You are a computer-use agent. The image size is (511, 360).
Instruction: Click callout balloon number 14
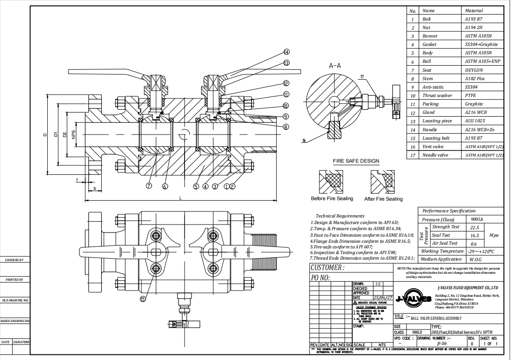tap(286, 52)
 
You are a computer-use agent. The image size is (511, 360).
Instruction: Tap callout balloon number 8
tap(286, 126)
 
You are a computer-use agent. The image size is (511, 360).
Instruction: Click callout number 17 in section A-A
tap(362, 76)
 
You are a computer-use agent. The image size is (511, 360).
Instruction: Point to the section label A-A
tap(335, 66)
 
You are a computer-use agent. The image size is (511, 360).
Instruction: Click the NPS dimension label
tap(74, 135)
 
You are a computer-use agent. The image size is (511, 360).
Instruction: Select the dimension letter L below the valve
tap(180, 199)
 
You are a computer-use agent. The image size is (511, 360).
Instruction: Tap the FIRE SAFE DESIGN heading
tap(356, 161)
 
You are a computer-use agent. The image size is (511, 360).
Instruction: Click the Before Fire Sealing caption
tap(332, 199)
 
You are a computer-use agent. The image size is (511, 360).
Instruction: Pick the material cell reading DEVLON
tap(474, 70)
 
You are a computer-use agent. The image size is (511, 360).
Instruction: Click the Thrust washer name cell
tap(437, 96)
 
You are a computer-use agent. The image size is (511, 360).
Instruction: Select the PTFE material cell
tap(471, 96)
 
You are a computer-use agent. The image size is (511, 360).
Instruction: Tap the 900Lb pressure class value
tap(475, 219)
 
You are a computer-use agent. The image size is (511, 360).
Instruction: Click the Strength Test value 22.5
tap(474, 227)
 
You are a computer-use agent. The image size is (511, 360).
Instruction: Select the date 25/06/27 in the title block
tap(382, 298)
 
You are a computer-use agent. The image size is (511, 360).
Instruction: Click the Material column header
tap(474, 10)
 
